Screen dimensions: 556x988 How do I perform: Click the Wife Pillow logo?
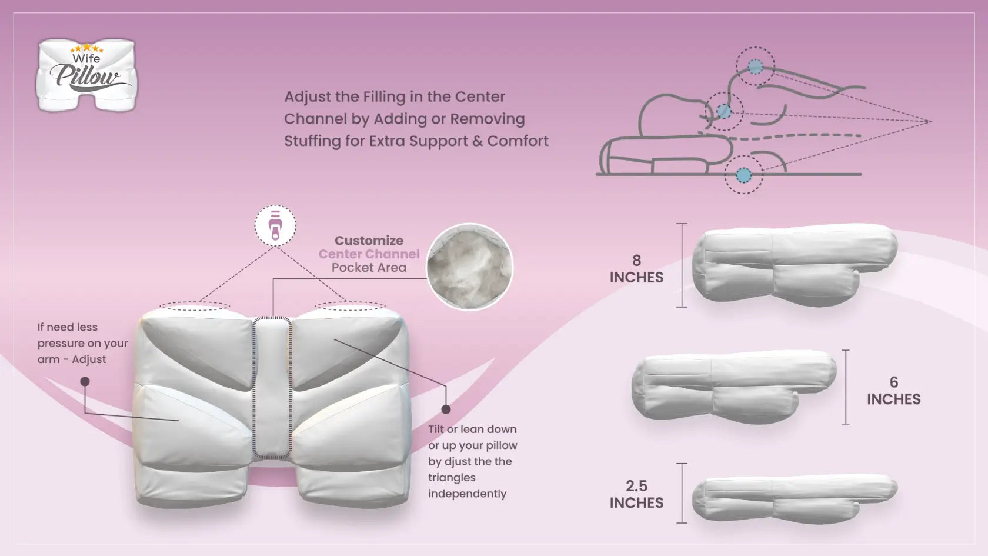point(86,75)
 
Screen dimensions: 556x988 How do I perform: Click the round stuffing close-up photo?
point(469,267)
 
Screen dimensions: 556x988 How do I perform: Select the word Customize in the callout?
point(369,241)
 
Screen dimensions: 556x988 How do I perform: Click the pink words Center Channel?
point(369,254)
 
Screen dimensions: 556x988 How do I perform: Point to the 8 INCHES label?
point(636,269)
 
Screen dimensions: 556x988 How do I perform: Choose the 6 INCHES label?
point(893,391)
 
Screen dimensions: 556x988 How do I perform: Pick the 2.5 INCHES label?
point(636,494)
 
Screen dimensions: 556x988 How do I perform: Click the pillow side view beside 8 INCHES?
point(794,265)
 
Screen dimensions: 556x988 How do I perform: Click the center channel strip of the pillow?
point(272,385)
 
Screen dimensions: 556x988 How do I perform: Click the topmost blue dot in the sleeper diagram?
point(755,67)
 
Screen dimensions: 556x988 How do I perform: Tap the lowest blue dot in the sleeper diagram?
point(744,175)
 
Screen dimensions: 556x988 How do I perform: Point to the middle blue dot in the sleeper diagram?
point(725,111)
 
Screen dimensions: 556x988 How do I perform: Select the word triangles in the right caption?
point(452,478)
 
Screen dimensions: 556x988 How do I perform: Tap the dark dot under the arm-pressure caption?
point(85,382)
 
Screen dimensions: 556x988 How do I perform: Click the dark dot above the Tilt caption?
point(446,409)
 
